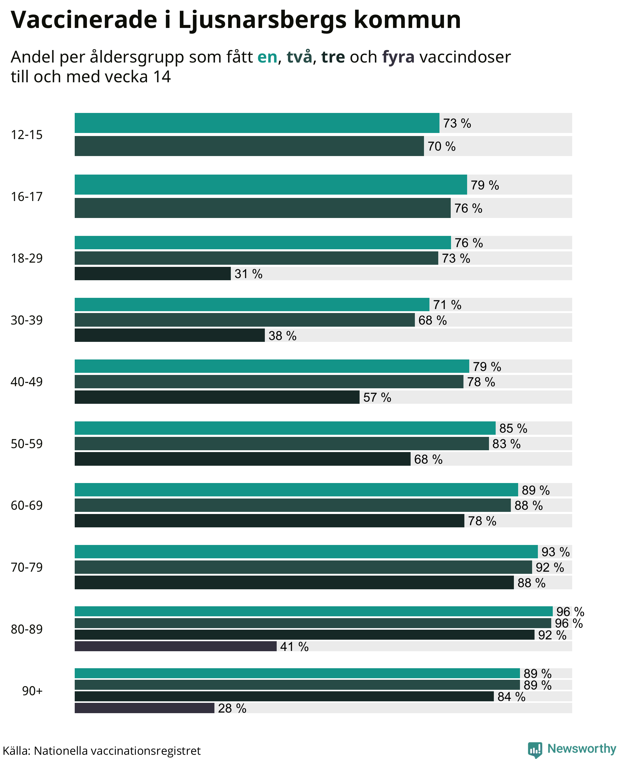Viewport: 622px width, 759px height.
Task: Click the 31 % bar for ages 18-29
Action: click(x=153, y=273)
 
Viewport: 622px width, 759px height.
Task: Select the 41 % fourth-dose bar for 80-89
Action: click(x=176, y=646)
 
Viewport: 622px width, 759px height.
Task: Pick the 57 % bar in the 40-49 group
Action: click(x=217, y=397)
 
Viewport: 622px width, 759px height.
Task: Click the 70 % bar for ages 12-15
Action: click(x=249, y=146)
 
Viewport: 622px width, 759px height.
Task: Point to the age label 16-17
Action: click(x=26, y=196)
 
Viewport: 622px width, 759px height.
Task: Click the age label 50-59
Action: click(x=26, y=444)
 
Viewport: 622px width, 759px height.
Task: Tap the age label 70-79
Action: click(x=26, y=567)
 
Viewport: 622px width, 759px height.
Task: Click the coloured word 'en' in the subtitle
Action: click(x=267, y=57)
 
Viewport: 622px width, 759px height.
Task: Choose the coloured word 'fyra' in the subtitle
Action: click(x=398, y=57)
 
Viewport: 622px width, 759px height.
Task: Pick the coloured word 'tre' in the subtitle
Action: click(x=333, y=57)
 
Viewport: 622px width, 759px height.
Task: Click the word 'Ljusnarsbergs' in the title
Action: click(x=262, y=20)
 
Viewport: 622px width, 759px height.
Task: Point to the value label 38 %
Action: click(x=283, y=335)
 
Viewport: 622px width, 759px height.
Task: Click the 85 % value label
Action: click(x=513, y=428)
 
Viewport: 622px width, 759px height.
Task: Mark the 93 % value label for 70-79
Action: click(x=555, y=552)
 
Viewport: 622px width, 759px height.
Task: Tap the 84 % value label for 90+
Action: click(x=511, y=696)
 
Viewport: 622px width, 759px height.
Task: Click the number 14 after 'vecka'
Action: click(x=162, y=77)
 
